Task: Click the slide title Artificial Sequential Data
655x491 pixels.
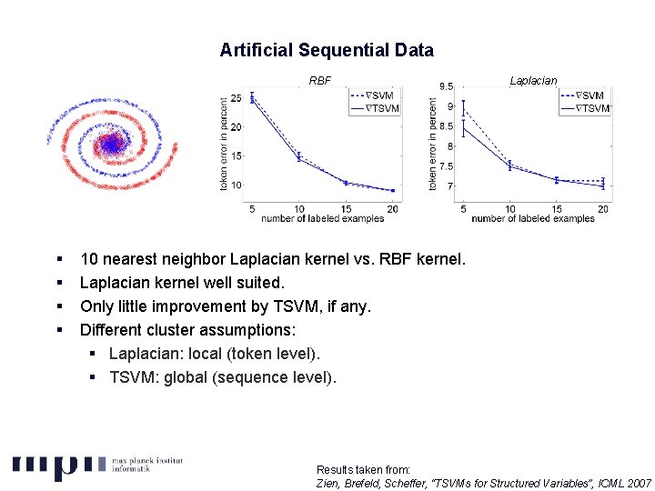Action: coord(327,51)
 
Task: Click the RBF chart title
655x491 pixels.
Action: coord(320,81)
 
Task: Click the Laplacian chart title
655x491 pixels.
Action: coord(533,81)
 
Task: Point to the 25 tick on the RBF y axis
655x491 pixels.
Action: coord(236,97)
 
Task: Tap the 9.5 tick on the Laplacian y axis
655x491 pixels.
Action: coord(447,86)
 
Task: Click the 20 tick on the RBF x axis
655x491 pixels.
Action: coord(392,209)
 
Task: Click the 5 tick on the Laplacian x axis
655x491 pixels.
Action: coord(463,209)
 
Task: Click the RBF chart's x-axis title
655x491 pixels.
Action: coord(322,218)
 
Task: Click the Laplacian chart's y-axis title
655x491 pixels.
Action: coord(433,145)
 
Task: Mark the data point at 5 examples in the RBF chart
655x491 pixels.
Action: coord(252,97)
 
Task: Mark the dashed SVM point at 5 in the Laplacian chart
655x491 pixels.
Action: coord(463,109)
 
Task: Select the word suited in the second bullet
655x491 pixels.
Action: coord(260,283)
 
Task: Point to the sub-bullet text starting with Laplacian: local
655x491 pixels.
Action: coord(215,354)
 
